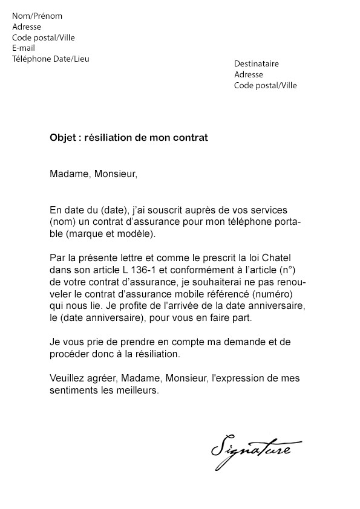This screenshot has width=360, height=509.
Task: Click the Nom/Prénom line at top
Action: [x=37, y=16]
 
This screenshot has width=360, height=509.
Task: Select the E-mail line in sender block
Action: [x=24, y=48]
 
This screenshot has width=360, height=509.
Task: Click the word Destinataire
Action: [x=257, y=63]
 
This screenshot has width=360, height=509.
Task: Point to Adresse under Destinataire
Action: [x=249, y=74]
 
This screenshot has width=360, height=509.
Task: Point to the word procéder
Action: [x=71, y=354]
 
